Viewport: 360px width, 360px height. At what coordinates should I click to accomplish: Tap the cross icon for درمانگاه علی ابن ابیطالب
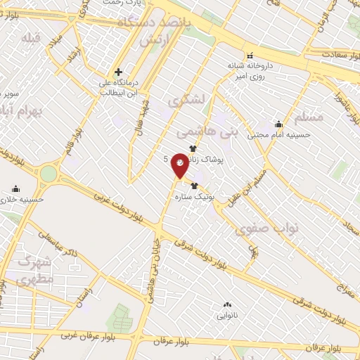click(x=119, y=72)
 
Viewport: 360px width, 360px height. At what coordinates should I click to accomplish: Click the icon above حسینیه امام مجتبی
click(x=279, y=124)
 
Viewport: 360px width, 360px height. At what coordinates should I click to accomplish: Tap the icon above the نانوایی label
click(x=226, y=305)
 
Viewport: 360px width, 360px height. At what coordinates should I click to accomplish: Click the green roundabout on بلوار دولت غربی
click(x=48, y=173)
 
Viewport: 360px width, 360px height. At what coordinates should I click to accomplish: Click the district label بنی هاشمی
click(x=218, y=131)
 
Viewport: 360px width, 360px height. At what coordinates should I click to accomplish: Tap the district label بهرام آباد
click(x=21, y=111)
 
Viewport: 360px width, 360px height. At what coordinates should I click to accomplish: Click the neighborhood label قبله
click(x=31, y=37)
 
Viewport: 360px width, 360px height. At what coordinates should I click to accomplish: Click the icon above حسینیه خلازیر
click(x=15, y=188)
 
